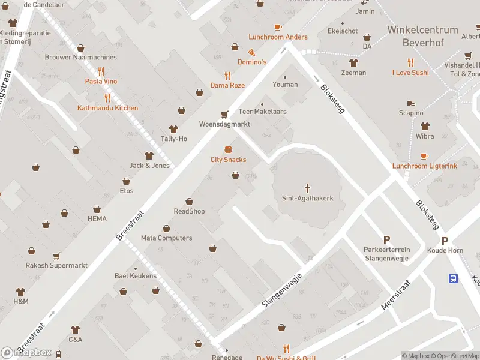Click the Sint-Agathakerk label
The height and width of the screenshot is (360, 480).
307,198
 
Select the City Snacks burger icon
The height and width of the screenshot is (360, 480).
228,149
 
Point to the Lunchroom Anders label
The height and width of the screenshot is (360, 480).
278,37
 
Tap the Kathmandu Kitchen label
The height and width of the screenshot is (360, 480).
107,108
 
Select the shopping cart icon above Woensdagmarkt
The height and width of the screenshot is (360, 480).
225,114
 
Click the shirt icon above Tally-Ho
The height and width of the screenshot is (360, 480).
174,129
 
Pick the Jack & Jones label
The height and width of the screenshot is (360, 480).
149,166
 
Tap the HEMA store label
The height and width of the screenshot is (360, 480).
97,219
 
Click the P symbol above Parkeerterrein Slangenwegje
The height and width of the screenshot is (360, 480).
386,239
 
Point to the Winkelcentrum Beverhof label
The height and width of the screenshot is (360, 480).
422,36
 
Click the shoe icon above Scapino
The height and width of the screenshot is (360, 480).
411,103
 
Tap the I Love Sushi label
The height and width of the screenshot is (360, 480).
410,73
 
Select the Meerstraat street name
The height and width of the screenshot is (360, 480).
395,295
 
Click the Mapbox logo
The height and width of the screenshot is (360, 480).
26,352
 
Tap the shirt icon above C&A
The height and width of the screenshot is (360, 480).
75,329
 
